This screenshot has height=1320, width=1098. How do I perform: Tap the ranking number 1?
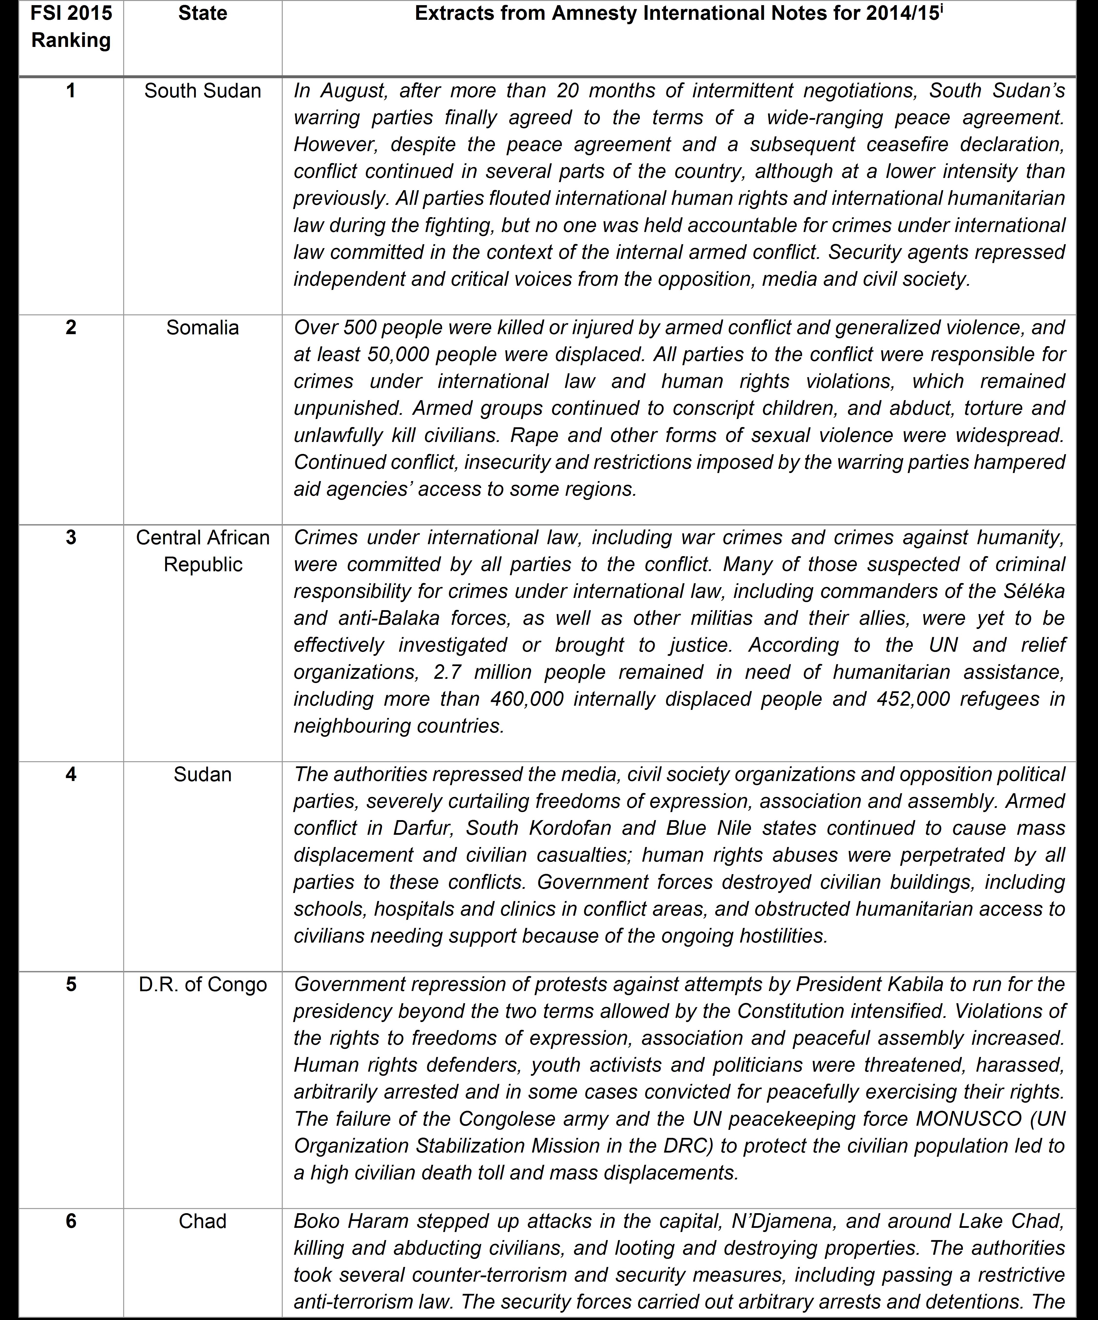coord(71,90)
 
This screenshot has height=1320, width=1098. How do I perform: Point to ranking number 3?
coord(71,538)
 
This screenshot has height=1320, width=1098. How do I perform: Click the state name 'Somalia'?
coord(202,328)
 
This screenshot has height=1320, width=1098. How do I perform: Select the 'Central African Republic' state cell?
coord(202,551)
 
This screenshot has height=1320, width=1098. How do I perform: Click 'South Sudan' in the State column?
coord(202,90)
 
